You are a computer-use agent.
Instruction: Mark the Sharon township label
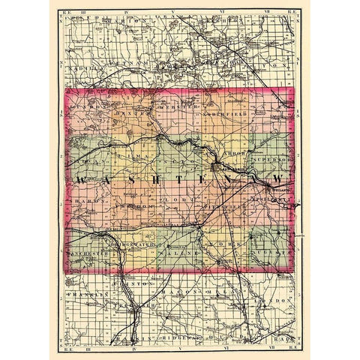85,203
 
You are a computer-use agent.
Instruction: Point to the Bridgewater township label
133,244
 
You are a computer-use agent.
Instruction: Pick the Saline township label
178,254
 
